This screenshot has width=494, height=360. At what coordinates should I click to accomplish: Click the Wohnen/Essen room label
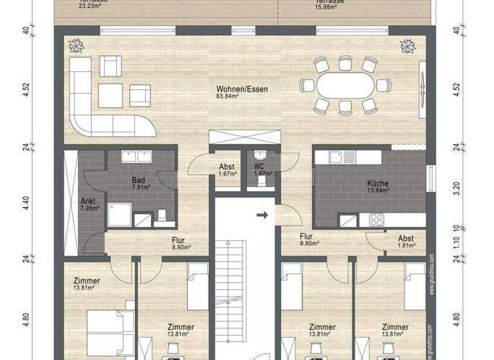(242, 89)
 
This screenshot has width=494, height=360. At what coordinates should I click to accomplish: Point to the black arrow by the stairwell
(261, 215)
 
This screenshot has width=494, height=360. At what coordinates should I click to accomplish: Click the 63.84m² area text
(228, 97)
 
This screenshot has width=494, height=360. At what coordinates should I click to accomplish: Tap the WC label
(259, 166)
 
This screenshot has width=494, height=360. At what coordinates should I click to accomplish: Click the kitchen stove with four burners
(376, 219)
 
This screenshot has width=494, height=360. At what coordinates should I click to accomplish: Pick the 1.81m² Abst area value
(405, 246)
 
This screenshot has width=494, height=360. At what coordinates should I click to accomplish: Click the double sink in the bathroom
(136, 156)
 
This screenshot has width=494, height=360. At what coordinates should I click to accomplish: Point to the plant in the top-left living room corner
(76, 46)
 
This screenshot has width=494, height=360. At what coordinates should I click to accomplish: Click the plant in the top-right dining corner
(407, 46)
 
